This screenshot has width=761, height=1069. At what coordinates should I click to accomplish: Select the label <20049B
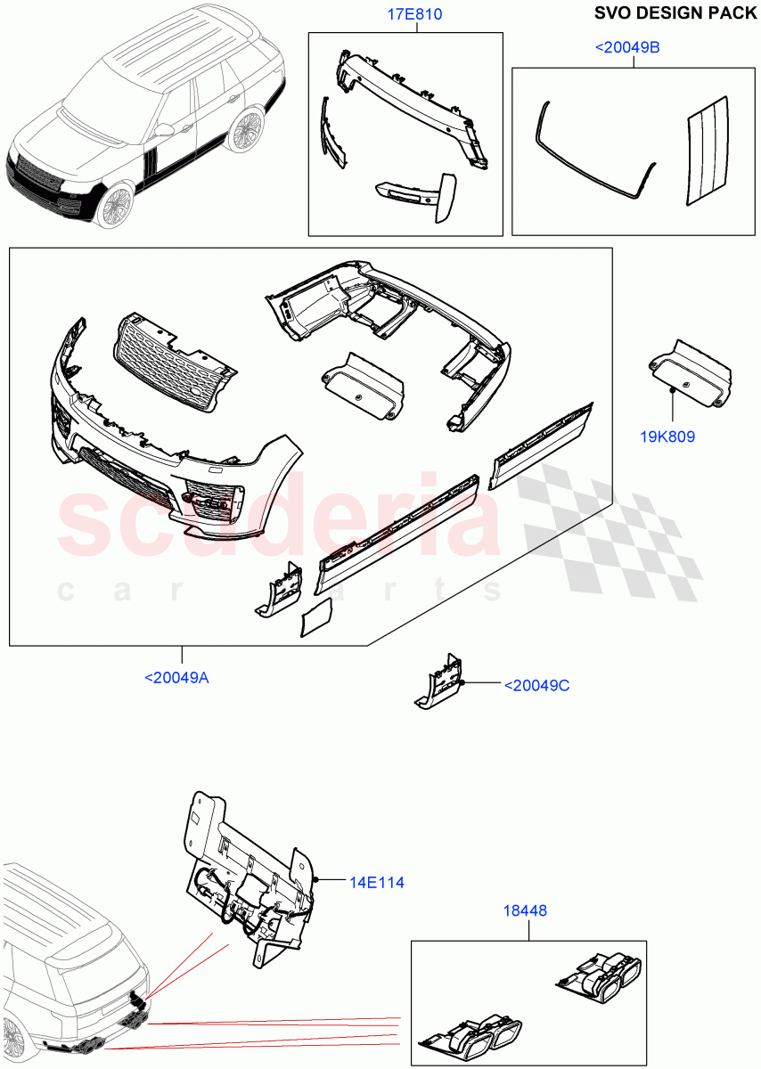tap(627, 47)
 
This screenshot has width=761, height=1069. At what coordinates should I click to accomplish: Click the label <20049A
tap(176, 679)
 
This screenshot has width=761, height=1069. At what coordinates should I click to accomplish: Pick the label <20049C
tap(536, 685)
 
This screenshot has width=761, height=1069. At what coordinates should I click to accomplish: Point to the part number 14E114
tap(377, 883)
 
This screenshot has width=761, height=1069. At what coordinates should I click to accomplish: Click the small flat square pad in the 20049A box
tap(316, 617)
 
